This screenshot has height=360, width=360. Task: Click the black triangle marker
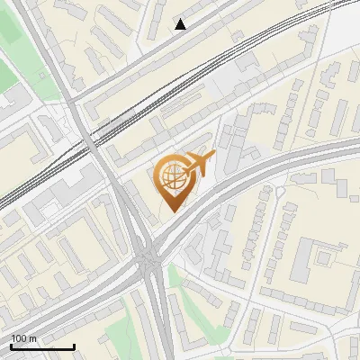click(x=181, y=24)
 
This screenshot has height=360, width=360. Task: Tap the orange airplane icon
click(x=198, y=164)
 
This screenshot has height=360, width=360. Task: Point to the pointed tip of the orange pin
click(x=172, y=212)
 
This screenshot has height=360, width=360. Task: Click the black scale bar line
click(x=42, y=346)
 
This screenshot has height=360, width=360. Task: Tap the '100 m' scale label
click(x=24, y=338)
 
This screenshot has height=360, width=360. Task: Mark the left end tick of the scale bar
click(x=11, y=346)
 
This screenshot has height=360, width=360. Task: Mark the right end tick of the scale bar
click(x=74, y=346)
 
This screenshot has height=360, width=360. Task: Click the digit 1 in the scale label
click(x=13, y=338)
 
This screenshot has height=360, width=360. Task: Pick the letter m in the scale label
click(x=33, y=338)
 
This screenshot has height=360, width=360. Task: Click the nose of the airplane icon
click(x=213, y=157)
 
